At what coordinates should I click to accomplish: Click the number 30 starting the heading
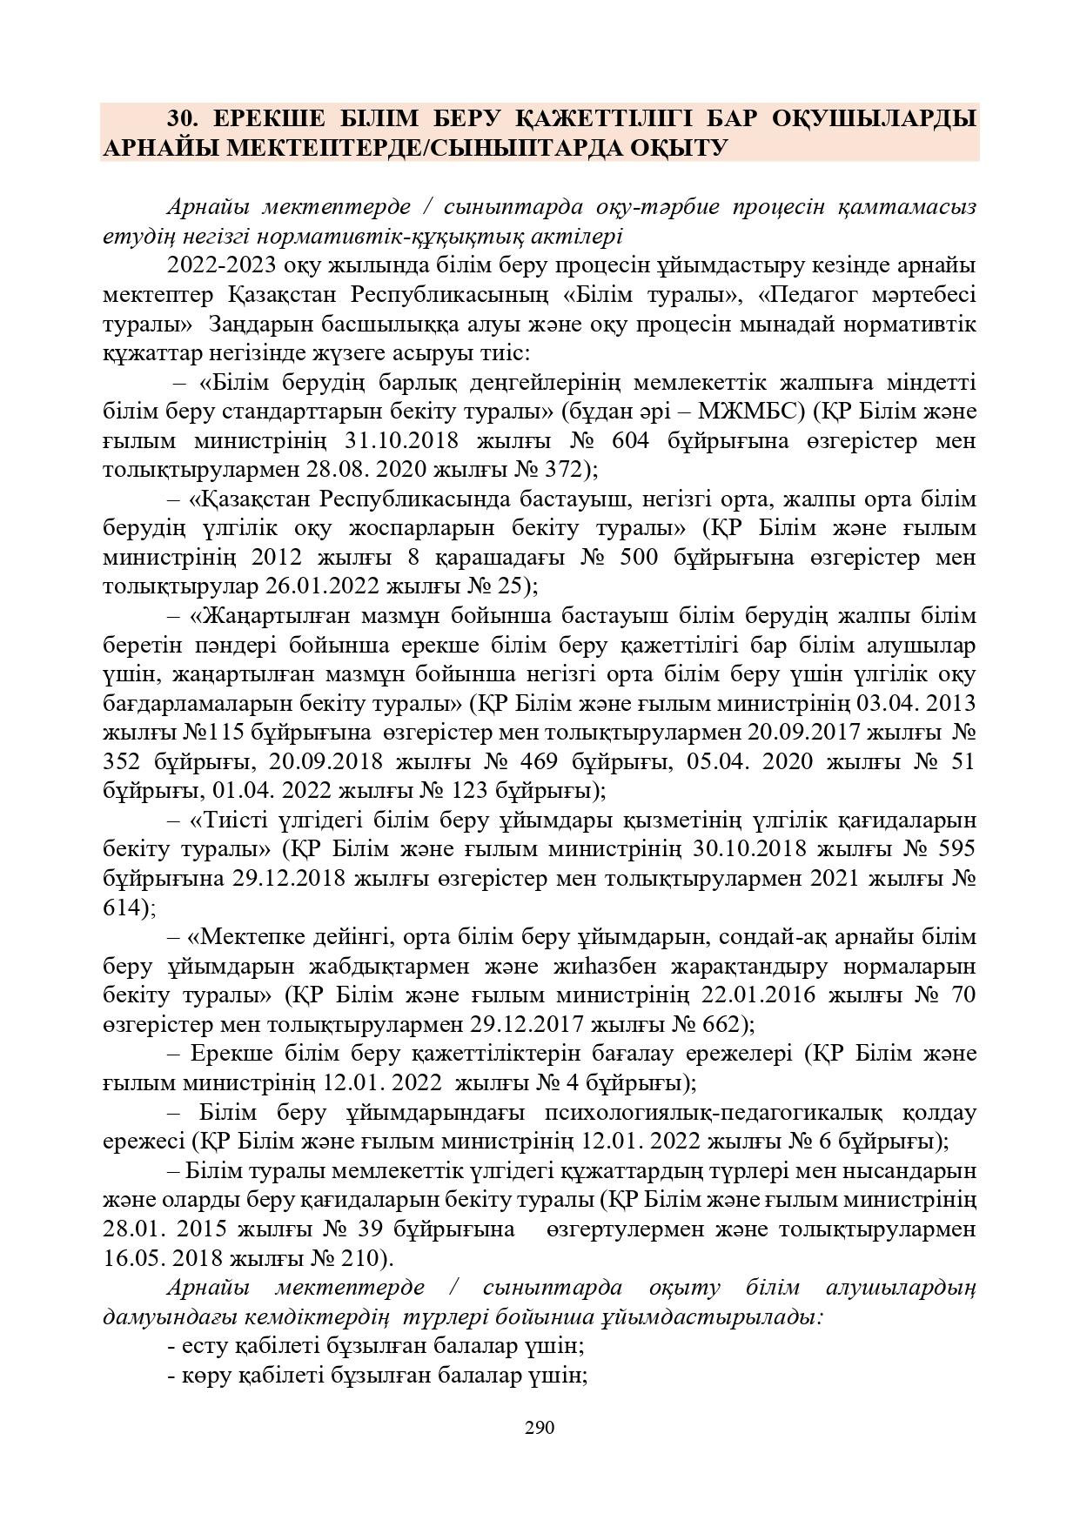pos(182,118)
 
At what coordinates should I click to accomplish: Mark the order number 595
pos(952,849)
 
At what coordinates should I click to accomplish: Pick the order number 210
pos(359,1258)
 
